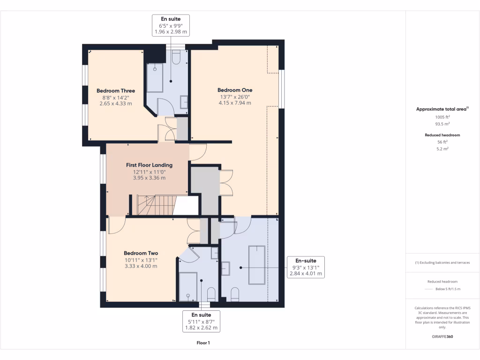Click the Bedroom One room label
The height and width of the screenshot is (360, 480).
pyautogui.click(x=235, y=90)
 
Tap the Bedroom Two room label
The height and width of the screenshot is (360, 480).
pyautogui.click(x=141, y=253)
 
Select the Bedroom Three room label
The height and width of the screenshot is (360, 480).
pyautogui.click(x=116, y=91)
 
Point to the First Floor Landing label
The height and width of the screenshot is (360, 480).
pyautogui.click(x=149, y=165)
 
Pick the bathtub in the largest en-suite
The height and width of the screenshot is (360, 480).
pyautogui.click(x=256, y=265)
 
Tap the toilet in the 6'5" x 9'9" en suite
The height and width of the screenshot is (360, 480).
pyautogui.click(x=177, y=57)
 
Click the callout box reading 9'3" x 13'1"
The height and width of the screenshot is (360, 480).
pyautogui.click(x=305, y=267)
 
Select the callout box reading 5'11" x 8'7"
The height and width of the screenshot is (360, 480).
pyautogui.click(x=201, y=321)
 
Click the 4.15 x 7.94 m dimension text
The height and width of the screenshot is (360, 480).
pyautogui.click(x=235, y=103)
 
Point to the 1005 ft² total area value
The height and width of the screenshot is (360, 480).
pyautogui.click(x=442, y=117)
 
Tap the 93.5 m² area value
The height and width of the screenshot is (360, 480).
pyautogui.click(x=442, y=124)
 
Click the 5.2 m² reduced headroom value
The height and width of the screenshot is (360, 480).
pyautogui.click(x=442, y=149)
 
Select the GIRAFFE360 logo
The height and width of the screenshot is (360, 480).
pyautogui.click(x=442, y=337)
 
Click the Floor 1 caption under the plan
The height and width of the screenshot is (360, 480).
pyautogui.click(x=203, y=343)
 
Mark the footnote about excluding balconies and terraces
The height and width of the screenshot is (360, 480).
pyautogui.click(x=442, y=262)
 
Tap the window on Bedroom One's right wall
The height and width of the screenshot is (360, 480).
pyautogui.click(x=282, y=90)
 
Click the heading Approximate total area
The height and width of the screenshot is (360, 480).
pyautogui.click(x=442, y=109)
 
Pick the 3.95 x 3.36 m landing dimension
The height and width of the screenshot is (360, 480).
pyautogui.click(x=149, y=178)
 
